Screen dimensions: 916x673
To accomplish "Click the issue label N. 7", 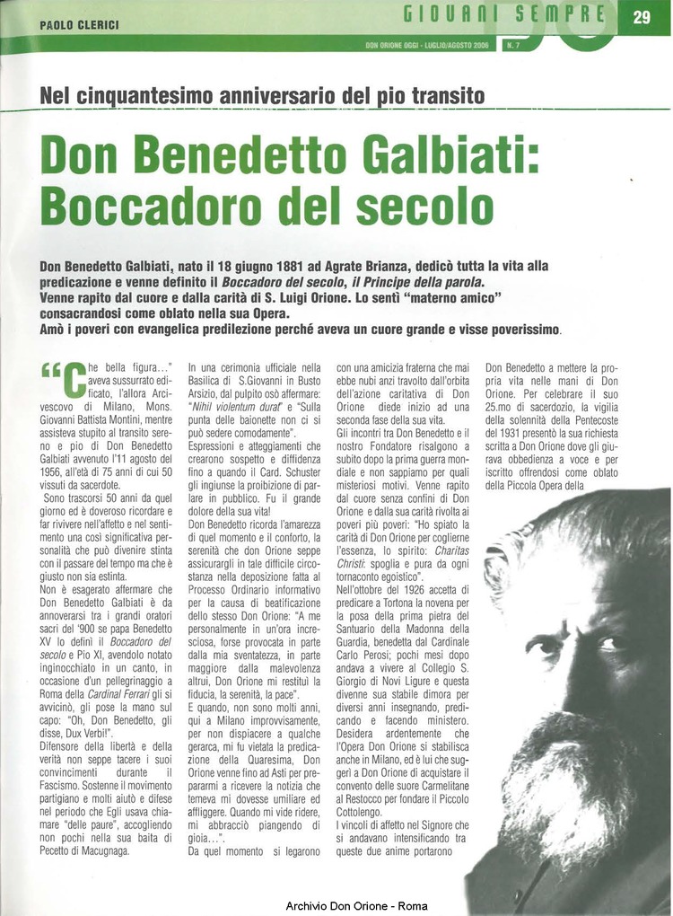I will pyautogui.click(x=513, y=44).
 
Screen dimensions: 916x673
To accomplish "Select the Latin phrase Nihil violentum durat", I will pyautogui.click(x=233, y=405).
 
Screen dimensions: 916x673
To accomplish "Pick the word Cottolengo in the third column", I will pyautogui.click(x=364, y=810).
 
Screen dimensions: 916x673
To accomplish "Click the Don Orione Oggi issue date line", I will pyautogui.click(x=427, y=44).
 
